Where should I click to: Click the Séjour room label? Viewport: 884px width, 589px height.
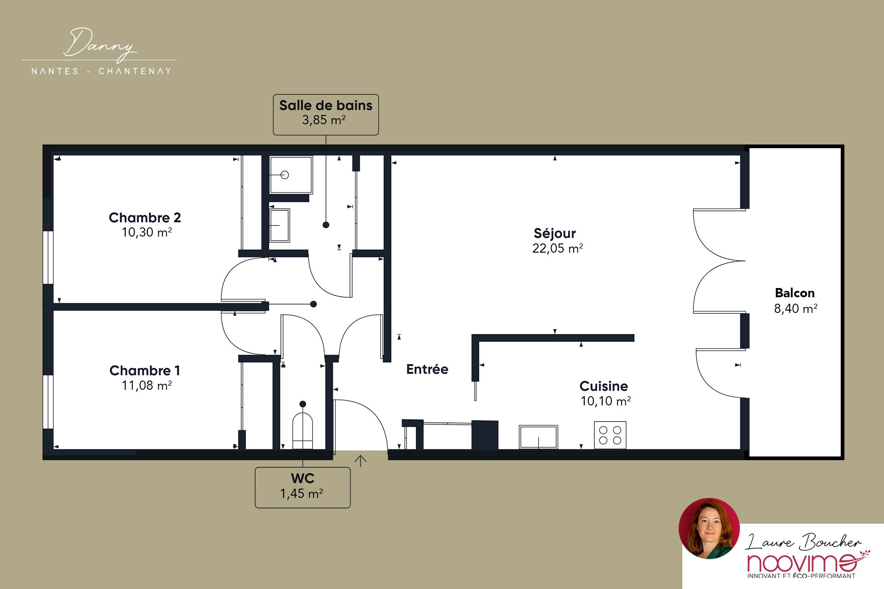pos(555,233)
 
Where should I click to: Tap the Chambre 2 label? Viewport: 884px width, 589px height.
pos(145,218)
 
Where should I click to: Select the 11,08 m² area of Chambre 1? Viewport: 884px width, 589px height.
pos(146,385)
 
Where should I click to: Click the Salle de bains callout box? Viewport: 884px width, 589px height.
pos(326,115)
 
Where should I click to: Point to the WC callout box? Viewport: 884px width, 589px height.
pos(302,488)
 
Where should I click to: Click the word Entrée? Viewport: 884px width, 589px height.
pos(427,369)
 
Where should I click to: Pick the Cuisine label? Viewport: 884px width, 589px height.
pos(604,386)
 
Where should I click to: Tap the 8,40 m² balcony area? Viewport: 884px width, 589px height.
pos(796,308)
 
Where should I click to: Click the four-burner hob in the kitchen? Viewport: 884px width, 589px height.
pos(610,435)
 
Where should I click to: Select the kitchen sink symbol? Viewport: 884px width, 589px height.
pos(539,437)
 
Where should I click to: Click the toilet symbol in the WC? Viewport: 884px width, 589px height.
pos(302,430)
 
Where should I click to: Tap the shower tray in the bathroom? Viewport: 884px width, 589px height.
pos(291,175)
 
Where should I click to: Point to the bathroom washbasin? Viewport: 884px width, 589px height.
pos(279,225)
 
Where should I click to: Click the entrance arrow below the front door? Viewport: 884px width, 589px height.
pos(361,461)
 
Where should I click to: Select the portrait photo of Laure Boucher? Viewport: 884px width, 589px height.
pos(709,528)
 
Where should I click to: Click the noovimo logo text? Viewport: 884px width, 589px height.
pos(802,563)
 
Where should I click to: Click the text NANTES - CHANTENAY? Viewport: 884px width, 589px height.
pos(101,71)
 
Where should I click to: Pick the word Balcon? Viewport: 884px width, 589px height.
pos(795,293)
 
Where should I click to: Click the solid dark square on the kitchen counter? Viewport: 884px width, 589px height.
pos(485,435)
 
